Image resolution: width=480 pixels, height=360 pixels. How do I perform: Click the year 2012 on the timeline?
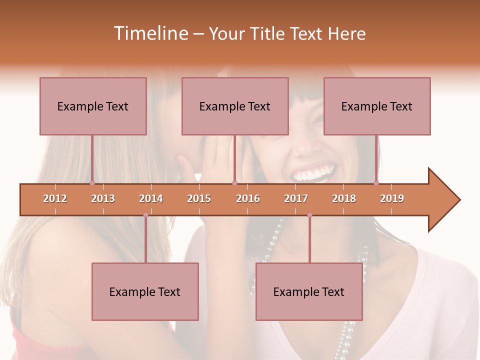click(55, 198)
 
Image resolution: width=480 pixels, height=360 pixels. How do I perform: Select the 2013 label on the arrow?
click(103, 198)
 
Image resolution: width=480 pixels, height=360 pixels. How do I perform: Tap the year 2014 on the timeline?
click(151, 198)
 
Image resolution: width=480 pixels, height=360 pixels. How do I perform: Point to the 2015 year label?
click(199, 198)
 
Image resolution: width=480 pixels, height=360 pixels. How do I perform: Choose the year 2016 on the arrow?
click(248, 198)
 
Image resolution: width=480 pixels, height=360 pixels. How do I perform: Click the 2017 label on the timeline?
click(296, 198)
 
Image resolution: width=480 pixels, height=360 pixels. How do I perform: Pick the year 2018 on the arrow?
click(344, 198)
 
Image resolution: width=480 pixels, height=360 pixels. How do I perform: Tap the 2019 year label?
click(392, 198)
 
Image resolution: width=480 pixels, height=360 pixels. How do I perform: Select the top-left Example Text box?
click(93, 106)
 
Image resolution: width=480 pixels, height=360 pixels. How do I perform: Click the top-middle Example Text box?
click(235, 106)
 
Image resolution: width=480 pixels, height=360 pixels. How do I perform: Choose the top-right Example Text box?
click(377, 106)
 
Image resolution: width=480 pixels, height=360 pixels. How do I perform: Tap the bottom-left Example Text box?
click(145, 291)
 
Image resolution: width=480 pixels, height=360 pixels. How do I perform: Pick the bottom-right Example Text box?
click(309, 291)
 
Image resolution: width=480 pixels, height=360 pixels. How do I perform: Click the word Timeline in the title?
click(150, 33)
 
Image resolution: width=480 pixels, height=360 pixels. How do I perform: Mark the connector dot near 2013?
click(92, 183)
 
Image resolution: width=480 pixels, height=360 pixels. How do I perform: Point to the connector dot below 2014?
click(145, 215)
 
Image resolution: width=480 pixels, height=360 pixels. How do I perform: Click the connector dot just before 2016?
click(234, 183)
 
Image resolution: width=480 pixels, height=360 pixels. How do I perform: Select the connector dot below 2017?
click(309, 215)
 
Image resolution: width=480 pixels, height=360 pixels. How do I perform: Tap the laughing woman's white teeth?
click(313, 174)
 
